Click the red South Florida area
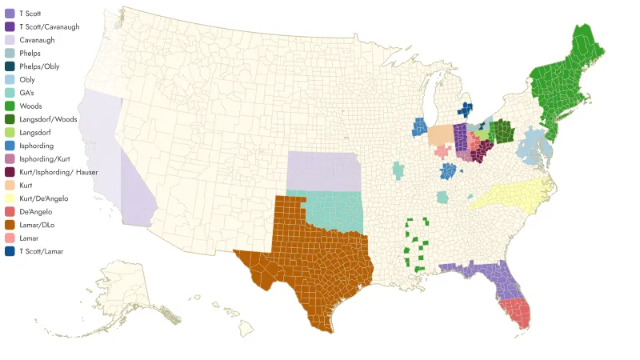coord(515,311)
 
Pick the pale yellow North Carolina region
coord(512,195)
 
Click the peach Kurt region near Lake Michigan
coord(439,134)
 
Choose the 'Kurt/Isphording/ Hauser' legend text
coord(53,172)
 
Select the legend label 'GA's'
coord(28,93)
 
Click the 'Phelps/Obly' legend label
coord(38,66)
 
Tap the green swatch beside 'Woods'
coord(10,106)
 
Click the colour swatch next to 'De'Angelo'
coord(10,211)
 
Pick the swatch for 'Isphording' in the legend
coord(10,146)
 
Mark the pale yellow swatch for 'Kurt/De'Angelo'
coord(10,198)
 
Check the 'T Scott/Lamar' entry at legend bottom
coord(41,251)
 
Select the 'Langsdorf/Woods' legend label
coord(48,119)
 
